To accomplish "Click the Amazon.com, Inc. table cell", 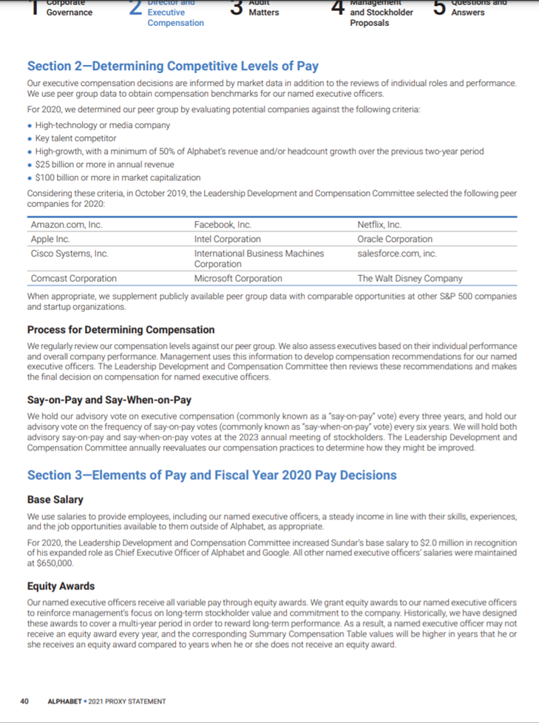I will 67,224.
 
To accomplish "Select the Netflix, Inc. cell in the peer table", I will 379,224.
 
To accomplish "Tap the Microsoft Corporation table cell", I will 238,279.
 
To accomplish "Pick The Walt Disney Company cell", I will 410,279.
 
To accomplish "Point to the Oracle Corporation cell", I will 395,239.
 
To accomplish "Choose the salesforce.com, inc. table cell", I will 397,254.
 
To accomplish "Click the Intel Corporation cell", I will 228,239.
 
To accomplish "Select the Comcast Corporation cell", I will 74,279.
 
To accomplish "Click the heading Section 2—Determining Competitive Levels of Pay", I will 172,67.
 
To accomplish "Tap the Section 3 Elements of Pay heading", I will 211,475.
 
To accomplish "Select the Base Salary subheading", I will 55,500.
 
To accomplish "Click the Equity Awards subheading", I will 61,586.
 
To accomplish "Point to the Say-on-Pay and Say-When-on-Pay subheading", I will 109,400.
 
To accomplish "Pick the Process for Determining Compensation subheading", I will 121,329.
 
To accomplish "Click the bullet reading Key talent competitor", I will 76,138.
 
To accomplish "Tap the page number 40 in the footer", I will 24,701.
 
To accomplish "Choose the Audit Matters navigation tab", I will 263,8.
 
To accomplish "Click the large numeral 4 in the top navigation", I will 337,7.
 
